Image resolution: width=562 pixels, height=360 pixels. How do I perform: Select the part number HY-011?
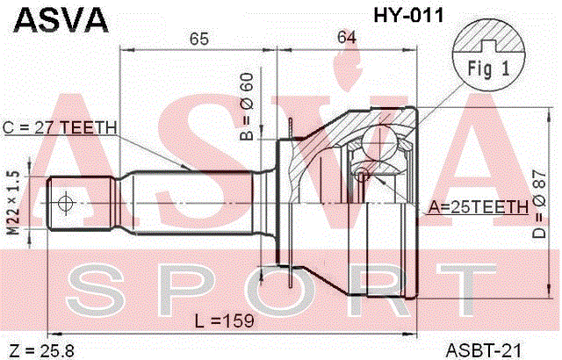[x=408, y=16]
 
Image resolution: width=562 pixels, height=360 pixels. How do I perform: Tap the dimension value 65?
[x=199, y=39]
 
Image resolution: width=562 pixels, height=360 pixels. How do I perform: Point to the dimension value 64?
[x=347, y=37]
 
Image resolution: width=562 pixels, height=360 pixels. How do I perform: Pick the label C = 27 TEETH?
[x=60, y=127]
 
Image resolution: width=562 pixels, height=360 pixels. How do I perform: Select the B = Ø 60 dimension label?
[x=247, y=106]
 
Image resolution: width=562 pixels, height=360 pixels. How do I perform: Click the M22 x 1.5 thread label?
[x=14, y=203]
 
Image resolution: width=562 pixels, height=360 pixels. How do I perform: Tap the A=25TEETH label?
[x=479, y=206]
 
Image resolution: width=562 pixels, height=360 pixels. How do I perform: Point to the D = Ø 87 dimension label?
[x=538, y=205]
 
